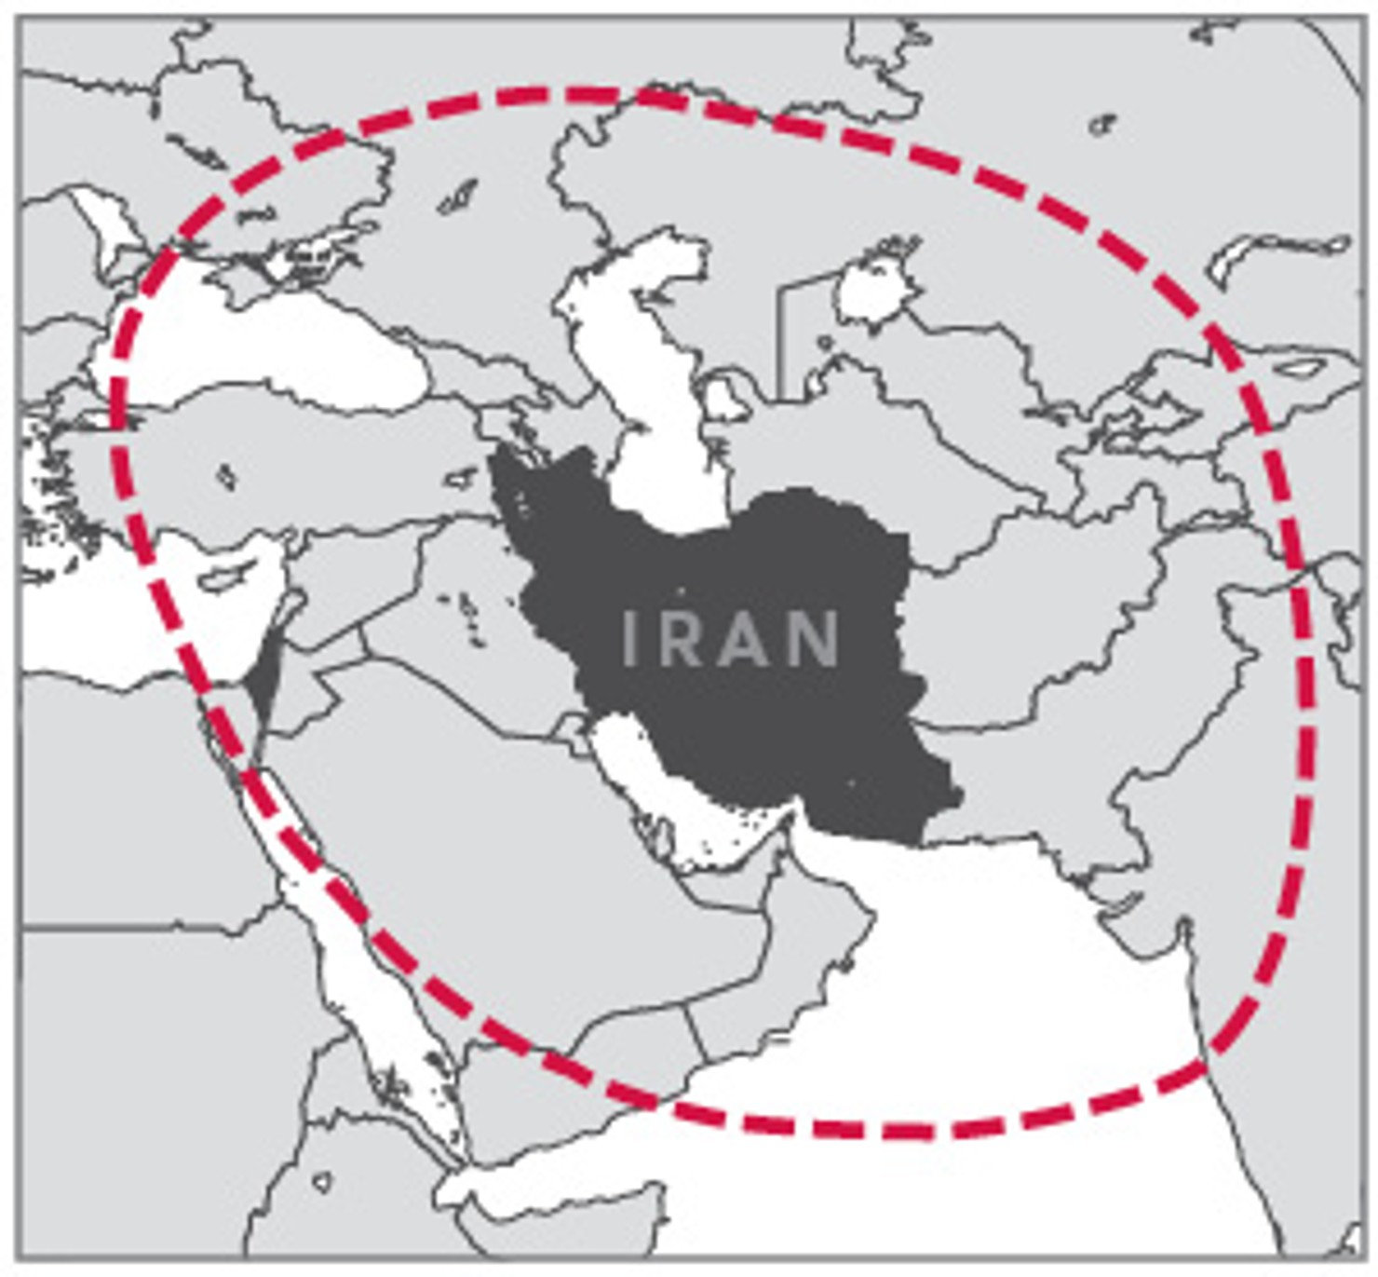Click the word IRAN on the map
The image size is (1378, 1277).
click(x=730, y=638)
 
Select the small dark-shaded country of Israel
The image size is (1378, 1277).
click(x=263, y=678)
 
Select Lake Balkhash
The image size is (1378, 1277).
click(x=1276, y=251)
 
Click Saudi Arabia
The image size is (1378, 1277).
click(x=521, y=866)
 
